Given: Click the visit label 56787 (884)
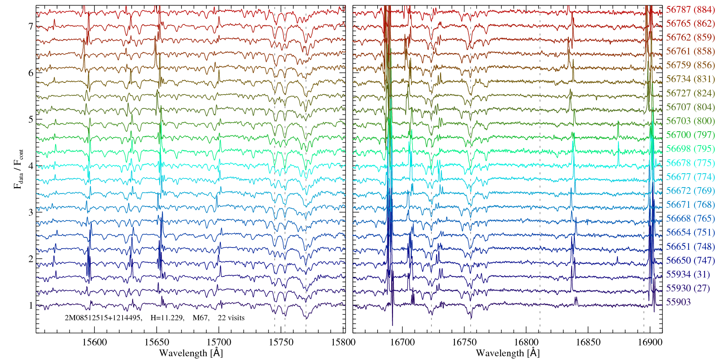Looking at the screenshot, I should click(690, 10).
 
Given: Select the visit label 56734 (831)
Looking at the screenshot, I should click(690, 79).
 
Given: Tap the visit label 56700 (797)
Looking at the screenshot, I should click(690, 135).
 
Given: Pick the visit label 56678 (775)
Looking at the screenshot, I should click(690, 163).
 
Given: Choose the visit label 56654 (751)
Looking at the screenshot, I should click(690, 232).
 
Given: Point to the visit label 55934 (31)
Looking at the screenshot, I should click(688, 274).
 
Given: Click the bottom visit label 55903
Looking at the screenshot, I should click(678, 302).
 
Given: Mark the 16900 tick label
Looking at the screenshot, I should click(650, 342).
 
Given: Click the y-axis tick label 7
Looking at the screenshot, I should click(31, 26).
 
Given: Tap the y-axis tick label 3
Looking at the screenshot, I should click(31, 212).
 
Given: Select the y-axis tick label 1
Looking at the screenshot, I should click(31, 305).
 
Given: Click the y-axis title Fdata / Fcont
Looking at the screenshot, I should click(18, 169).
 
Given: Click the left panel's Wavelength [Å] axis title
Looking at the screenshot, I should click(191, 353).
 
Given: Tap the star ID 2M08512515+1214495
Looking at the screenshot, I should click(103, 318).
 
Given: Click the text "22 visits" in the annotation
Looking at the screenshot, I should click(231, 318).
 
